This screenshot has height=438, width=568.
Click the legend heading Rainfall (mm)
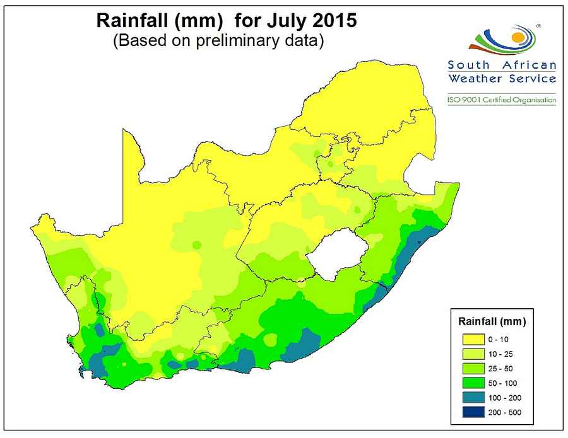pos(492,321)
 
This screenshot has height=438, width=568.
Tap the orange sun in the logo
pos(517,38)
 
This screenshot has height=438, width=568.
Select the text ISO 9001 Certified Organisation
pos(502,100)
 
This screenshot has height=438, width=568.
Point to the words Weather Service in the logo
pos(502,79)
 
